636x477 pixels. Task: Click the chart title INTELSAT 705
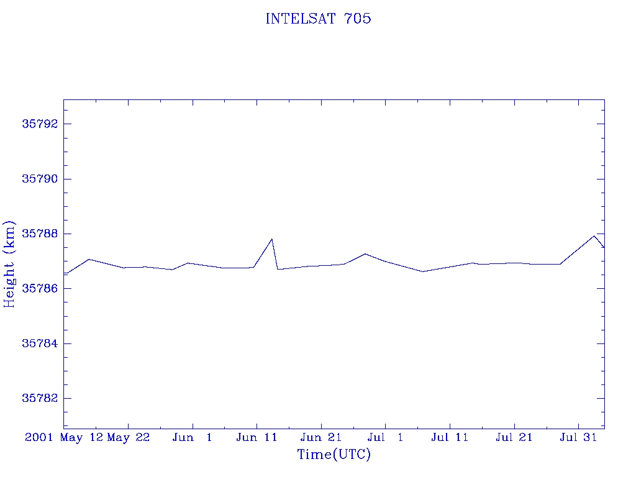[x=318, y=19]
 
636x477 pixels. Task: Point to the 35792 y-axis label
[x=40, y=124]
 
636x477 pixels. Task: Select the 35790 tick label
[x=40, y=179]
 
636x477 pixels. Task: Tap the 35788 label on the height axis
[x=40, y=234]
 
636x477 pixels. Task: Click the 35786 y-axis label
[x=40, y=288]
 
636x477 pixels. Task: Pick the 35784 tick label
[x=40, y=343]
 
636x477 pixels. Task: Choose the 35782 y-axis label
[x=40, y=398]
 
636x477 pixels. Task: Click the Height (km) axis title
[x=9, y=264]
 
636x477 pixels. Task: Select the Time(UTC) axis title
[x=334, y=454]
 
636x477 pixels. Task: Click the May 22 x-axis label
[x=128, y=438]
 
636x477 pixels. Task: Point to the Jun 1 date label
[x=193, y=437]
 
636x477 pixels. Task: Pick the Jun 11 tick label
[x=257, y=437]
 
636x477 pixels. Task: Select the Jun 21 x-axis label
[x=321, y=437]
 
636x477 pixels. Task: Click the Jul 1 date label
[x=385, y=437]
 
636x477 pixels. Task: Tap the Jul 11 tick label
[x=450, y=437]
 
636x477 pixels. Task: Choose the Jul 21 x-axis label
[x=514, y=437]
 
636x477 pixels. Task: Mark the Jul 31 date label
[x=578, y=437]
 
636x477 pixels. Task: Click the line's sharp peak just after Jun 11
[x=272, y=239]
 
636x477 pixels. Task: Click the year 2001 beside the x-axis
[x=39, y=437]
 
